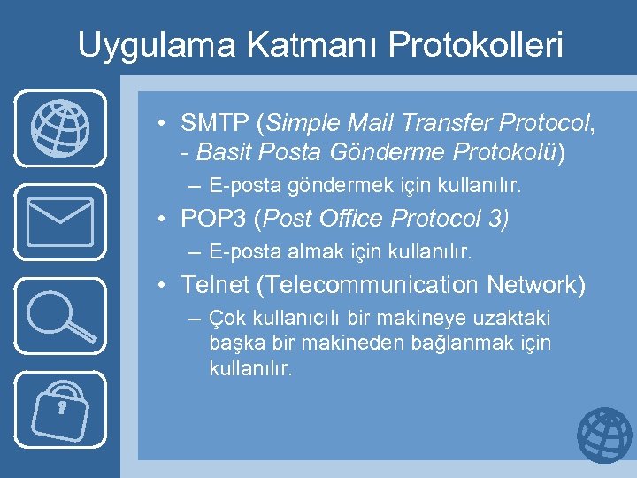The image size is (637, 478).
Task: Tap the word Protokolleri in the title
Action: pos(466,44)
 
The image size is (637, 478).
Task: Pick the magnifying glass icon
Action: pos(60,315)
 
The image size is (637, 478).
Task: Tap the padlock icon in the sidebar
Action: pos(60,408)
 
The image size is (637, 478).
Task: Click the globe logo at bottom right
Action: pos(604,436)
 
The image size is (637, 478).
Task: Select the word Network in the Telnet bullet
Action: pos(536,285)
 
